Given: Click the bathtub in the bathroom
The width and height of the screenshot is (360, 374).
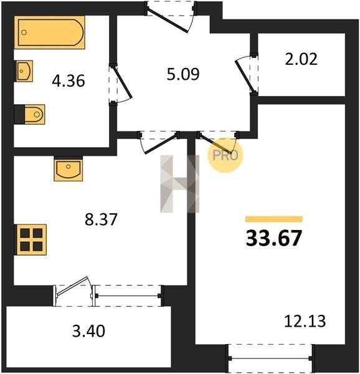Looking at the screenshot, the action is [x=50, y=32].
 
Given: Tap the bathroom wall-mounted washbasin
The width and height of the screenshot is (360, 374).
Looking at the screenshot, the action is [x=24, y=71].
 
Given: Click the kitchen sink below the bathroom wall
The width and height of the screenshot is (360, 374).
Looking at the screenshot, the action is [x=69, y=169].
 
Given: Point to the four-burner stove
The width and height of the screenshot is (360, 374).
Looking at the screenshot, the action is [x=31, y=240].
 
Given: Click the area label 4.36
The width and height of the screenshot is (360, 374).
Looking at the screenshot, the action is [x=69, y=81].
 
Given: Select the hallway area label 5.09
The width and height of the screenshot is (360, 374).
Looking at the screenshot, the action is [x=183, y=74].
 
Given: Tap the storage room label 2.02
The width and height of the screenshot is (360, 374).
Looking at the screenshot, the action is [x=301, y=59].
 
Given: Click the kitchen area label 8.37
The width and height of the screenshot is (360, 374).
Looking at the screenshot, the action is [x=101, y=219].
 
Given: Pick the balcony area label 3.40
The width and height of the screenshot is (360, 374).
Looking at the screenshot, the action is [x=88, y=331].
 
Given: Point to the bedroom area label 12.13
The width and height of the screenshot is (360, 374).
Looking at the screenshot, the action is [x=305, y=321].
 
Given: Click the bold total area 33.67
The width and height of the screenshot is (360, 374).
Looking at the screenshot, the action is [x=274, y=238].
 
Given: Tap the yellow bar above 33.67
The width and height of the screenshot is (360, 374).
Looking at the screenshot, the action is [x=274, y=219].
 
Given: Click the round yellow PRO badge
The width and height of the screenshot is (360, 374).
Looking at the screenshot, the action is [x=225, y=155].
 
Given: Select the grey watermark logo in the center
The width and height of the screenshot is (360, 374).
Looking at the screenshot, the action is [x=179, y=184].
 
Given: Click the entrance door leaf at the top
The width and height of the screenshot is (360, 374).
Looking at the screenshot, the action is [x=168, y=20].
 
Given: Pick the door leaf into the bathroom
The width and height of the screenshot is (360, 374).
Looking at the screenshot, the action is [x=123, y=82].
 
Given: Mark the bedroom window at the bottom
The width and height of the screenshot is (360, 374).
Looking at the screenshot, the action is [x=270, y=358].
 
